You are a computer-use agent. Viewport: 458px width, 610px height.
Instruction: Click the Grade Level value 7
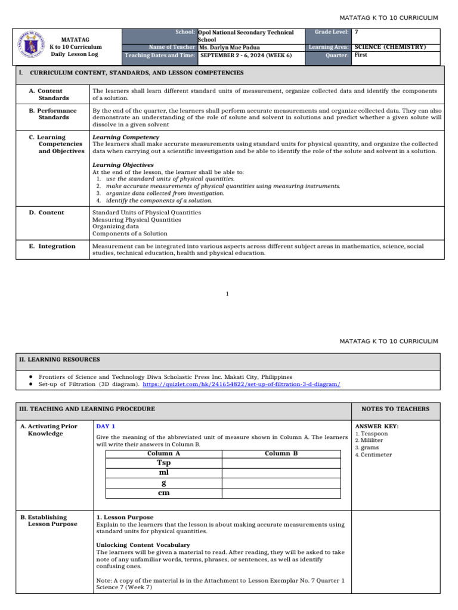point(357,32)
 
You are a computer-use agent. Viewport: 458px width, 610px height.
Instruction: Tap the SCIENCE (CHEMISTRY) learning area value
point(390,47)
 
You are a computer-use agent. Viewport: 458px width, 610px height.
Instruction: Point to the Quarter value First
point(361,55)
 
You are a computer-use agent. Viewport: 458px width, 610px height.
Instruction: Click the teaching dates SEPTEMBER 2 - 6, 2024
point(246,55)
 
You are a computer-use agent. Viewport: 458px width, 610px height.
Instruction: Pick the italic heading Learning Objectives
point(123,164)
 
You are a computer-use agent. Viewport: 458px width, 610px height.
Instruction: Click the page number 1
point(228,294)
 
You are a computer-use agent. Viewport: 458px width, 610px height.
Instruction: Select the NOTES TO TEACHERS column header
point(395,409)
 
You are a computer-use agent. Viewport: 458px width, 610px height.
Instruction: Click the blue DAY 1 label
point(106,427)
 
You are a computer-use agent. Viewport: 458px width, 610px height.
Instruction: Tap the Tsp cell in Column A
point(163,463)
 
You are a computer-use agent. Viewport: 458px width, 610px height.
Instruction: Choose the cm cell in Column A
point(163,493)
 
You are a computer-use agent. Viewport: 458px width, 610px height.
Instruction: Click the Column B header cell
point(281,453)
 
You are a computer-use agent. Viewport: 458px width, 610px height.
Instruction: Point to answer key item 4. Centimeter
point(373,455)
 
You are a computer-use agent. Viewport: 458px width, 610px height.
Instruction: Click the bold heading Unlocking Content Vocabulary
point(143,545)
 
